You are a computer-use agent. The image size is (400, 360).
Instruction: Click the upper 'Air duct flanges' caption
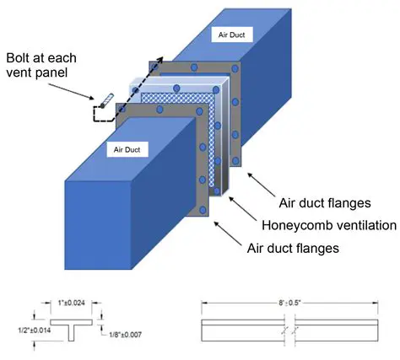point(325,203)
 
